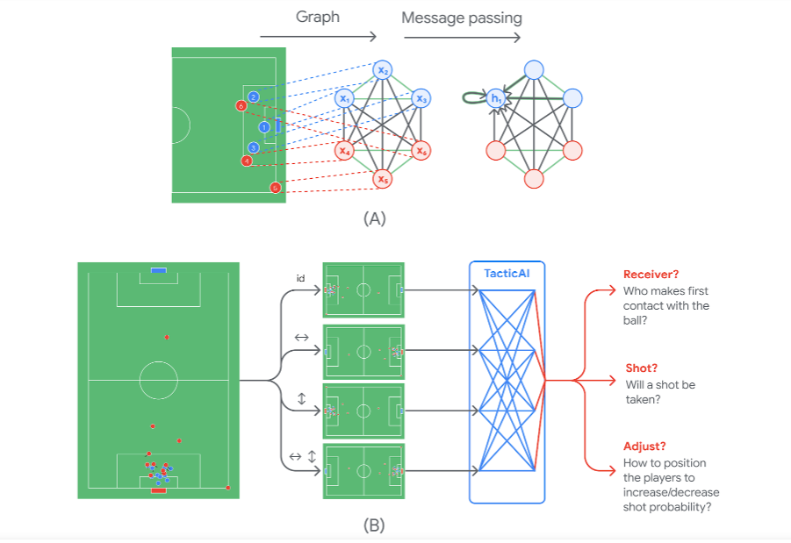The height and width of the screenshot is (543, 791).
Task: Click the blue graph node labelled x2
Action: [x=383, y=69]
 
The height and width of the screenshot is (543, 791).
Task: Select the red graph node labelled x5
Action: [x=383, y=179]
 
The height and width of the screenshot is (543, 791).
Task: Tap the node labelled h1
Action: [x=495, y=98]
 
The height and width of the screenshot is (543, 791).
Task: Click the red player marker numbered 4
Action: [x=248, y=161]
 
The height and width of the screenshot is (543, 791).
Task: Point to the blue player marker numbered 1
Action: [x=263, y=127]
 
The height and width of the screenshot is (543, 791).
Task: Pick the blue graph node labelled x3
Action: [x=421, y=98]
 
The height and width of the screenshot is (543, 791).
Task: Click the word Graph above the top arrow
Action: [x=317, y=18]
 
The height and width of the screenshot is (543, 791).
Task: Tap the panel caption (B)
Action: [x=374, y=526]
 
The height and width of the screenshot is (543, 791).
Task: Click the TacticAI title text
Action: [x=507, y=274]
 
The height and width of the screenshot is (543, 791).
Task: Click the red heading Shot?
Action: [x=642, y=368]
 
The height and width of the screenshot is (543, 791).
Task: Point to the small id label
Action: [x=299, y=278]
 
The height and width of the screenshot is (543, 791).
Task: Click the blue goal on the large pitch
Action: [x=158, y=270]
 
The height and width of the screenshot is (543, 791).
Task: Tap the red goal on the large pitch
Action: [x=158, y=490]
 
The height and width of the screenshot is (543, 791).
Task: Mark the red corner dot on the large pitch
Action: [x=228, y=487]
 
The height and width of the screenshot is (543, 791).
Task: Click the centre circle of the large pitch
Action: [x=158, y=381]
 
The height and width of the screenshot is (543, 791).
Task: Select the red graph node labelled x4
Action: [x=343, y=150]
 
